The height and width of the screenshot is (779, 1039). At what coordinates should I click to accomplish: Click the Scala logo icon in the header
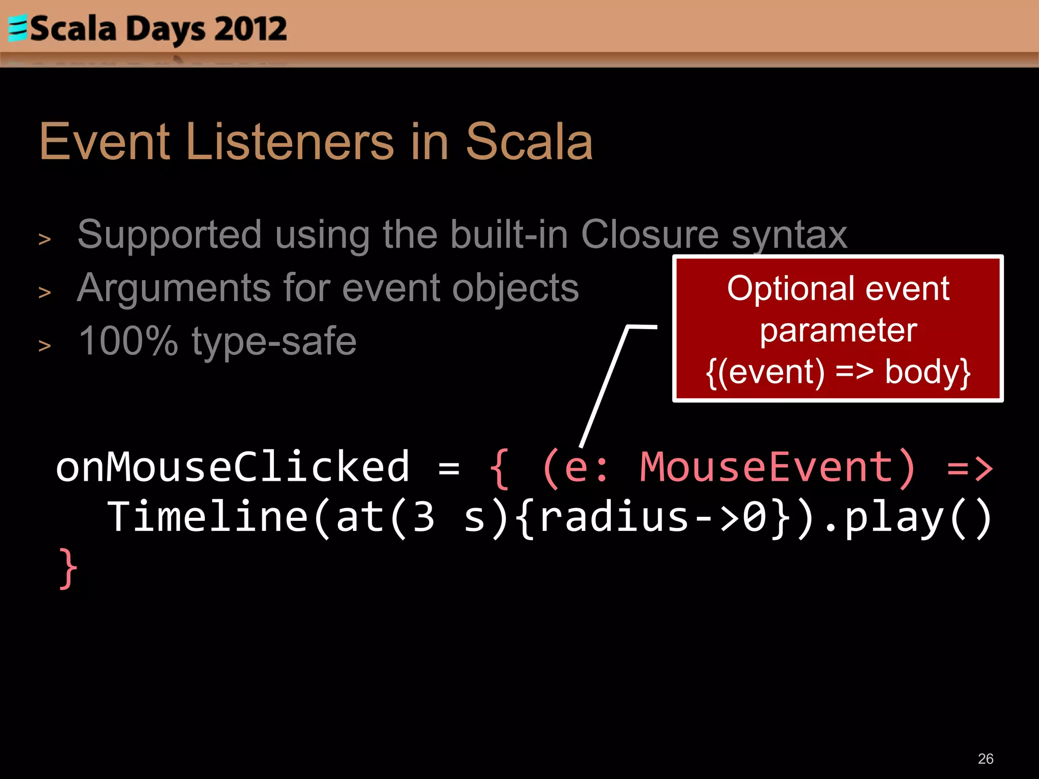click(18, 28)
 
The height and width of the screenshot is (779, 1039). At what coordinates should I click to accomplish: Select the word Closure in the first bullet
click(649, 235)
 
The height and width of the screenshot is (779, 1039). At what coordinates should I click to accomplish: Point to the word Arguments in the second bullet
click(174, 288)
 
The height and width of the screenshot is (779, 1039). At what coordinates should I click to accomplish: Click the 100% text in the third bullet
click(128, 341)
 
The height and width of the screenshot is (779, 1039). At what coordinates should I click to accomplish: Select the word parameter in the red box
click(838, 331)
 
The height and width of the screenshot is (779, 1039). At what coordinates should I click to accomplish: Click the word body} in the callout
click(927, 372)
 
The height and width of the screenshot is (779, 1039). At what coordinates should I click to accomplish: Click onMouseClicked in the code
click(232, 467)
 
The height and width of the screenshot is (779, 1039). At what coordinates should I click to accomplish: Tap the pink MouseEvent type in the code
click(766, 467)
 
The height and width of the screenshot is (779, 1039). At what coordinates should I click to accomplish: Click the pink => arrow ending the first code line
click(969, 468)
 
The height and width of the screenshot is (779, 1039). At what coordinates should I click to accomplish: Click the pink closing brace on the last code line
click(68, 569)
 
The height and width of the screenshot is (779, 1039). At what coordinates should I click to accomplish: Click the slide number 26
click(985, 759)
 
